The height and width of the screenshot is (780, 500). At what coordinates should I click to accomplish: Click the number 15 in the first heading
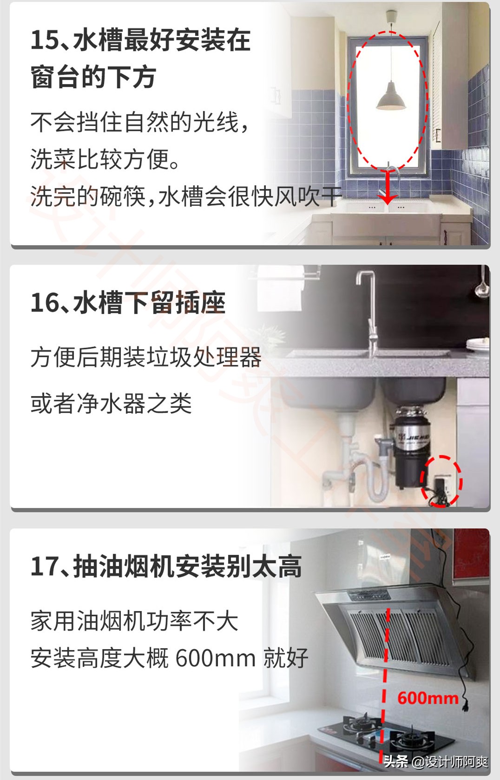pos(45,40)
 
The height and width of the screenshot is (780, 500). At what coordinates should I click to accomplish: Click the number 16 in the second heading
pos(45,303)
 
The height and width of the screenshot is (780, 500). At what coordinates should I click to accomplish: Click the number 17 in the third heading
pos(45,566)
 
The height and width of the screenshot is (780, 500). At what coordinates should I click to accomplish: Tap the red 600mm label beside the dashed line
pos(428,698)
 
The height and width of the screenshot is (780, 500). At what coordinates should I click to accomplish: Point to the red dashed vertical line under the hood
pos(385,673)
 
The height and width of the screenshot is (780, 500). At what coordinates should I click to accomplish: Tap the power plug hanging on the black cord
pos(465,706)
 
